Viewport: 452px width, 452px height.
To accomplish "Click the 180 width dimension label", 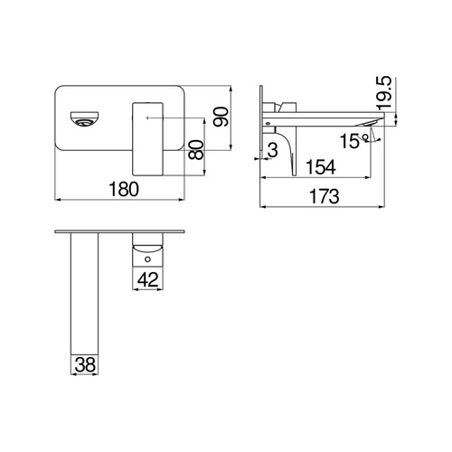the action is point(124,189).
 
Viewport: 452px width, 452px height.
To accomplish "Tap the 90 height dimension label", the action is point(221,117).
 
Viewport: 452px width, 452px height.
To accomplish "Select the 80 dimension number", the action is point(196,150).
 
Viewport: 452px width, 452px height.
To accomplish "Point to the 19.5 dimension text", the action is point(384,92).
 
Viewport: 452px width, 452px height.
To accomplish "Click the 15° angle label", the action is point(354,141).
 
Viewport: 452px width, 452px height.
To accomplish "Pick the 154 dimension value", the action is point(321,167).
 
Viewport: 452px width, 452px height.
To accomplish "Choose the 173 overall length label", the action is point(325,196).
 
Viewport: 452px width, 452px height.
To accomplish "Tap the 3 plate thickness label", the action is point(273,150).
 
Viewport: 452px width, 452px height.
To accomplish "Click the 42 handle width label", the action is point(147,279).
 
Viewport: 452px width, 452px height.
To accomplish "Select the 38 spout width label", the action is point(85,364).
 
